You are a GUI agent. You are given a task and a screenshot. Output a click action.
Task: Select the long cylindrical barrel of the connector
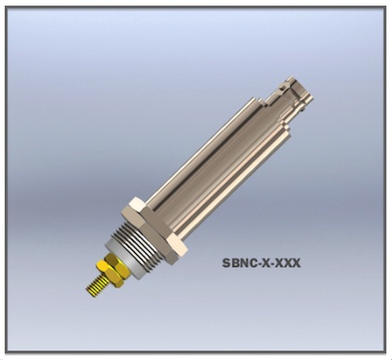coord(215,161)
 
